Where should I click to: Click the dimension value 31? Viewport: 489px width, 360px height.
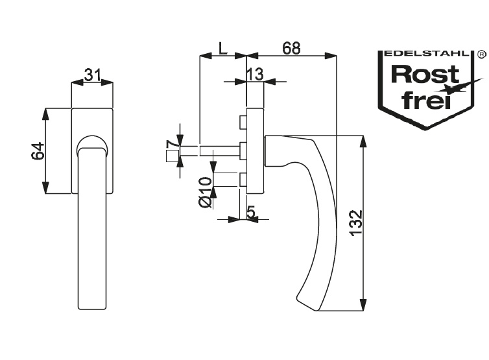(92, 75)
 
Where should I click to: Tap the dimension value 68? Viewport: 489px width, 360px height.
(292, 48)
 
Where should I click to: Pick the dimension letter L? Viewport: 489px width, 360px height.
(222, 48)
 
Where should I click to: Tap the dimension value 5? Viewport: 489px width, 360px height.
(250, 211)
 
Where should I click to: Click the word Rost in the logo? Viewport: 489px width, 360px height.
(417, 75)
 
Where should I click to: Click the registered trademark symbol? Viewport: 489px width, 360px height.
(481, 54)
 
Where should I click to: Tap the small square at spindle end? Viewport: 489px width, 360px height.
(172, 156)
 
